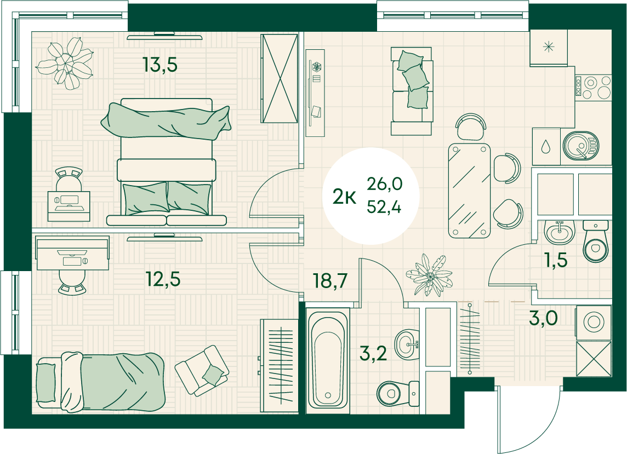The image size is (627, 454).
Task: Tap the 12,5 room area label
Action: [163, 279]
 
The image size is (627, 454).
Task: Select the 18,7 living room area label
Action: [330, 281]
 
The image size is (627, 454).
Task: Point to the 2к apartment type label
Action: [344, 197]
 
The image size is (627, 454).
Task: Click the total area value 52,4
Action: [384, 208]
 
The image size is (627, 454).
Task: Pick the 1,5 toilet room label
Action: [555, 260]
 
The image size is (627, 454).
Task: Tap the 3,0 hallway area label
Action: [543, 319]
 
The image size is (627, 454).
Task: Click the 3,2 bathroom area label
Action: [373, 354]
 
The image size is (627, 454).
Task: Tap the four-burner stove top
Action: [593, 87]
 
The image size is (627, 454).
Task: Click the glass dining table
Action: [469, 191]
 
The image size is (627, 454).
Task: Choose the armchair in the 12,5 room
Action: [202, 370]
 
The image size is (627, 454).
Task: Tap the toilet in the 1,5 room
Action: [596, 242]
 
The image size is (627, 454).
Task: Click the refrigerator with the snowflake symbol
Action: [549, 48]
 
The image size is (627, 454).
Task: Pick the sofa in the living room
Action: [412, 91]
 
